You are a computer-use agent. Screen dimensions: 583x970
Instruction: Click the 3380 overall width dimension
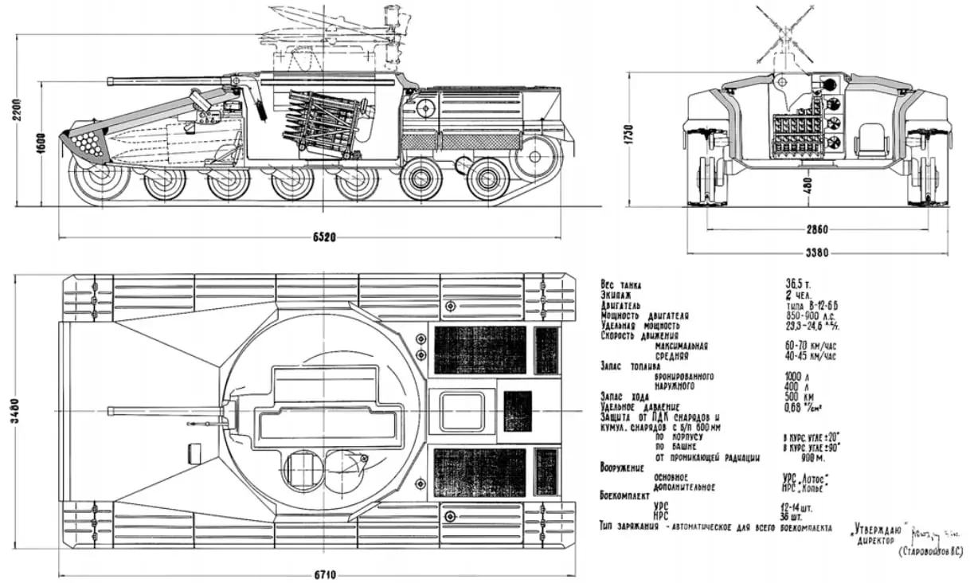pos(815,253)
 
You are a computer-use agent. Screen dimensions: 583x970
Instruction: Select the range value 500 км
pos(799,396)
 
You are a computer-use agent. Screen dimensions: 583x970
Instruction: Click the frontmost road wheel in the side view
pos(99,181)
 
